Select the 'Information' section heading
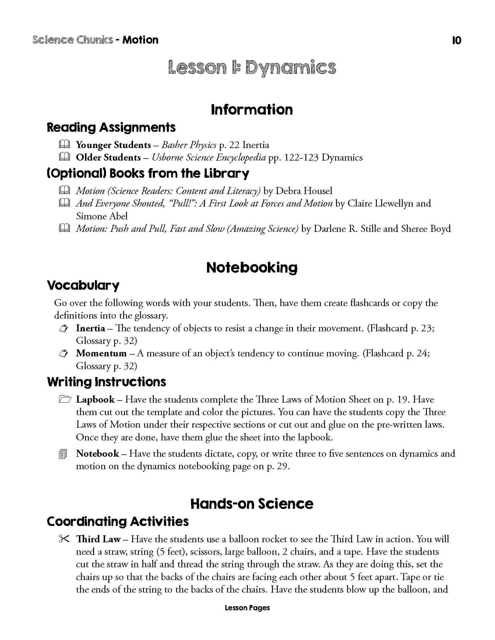point(252,110)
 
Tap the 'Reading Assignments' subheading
point(111,128)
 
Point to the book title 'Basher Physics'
point(189,145)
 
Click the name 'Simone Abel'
point(102,216)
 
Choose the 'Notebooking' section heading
point(252,268)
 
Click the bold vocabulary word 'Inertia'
point(90,328)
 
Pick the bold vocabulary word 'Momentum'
point(101,353)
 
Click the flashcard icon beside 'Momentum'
point(63,354)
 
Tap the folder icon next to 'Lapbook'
point(64,400)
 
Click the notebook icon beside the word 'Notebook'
point(63,454)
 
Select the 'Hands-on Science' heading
point(252,504)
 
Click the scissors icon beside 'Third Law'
point(64,539)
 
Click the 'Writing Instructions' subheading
point(106,382)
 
